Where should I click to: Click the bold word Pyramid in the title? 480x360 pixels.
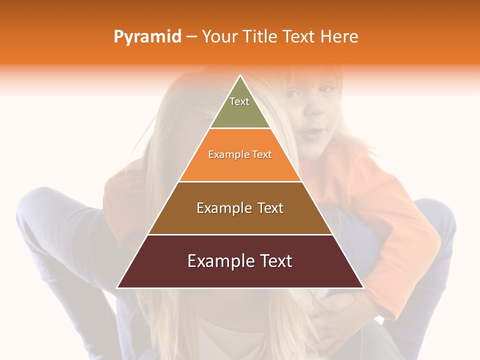(x=147, y=37)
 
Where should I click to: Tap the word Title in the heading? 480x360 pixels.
(x=261, y=37)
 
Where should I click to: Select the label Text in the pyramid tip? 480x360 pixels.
(x=239, y=101)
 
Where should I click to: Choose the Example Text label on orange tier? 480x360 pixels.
(x=240, y=154)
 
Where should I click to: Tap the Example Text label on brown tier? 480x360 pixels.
(x=240, y=208)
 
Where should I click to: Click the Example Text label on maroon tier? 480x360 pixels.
(x=240, y=261)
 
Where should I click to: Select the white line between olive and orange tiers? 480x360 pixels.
(x=240, y=128)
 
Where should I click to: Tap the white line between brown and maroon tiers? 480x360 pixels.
(x=240, y=234)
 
